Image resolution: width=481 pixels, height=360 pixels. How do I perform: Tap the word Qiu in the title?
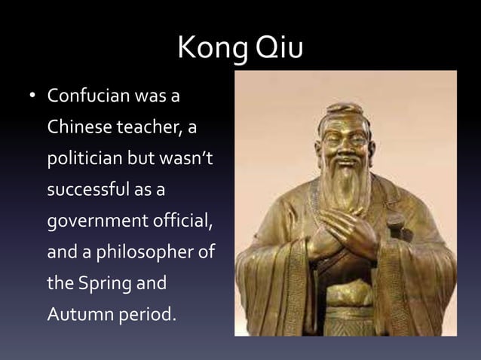280,48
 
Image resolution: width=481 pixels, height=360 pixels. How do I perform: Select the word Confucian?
87,97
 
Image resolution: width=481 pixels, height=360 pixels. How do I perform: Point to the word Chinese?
76,128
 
